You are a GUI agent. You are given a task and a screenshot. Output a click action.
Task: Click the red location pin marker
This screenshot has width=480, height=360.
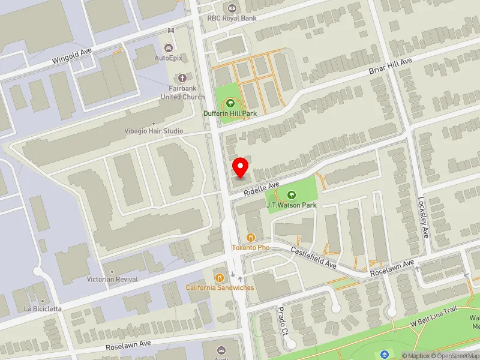coord(241,167)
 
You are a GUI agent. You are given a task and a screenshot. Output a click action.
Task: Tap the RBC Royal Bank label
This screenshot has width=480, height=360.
coord(232,18)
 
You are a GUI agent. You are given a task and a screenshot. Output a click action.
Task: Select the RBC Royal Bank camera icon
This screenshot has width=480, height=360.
coord(232,8)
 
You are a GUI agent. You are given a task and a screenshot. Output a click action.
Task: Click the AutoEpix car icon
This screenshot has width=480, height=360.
coord(168,48)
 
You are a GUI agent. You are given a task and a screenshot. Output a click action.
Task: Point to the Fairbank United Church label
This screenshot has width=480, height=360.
coord(183,93)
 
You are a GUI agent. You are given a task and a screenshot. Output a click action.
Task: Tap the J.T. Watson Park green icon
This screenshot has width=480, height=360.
coord(292,194)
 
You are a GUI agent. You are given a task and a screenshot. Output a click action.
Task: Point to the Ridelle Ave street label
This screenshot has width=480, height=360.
coord(262,189)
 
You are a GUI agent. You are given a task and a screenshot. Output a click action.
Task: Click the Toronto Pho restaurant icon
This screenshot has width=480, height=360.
coord(251,237)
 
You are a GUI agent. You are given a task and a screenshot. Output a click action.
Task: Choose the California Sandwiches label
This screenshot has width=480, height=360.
coord(220,287)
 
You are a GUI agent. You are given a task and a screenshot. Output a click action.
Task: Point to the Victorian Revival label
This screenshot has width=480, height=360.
coord(112,280)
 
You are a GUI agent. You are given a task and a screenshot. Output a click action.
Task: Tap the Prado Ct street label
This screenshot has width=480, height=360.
coord(283,322)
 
